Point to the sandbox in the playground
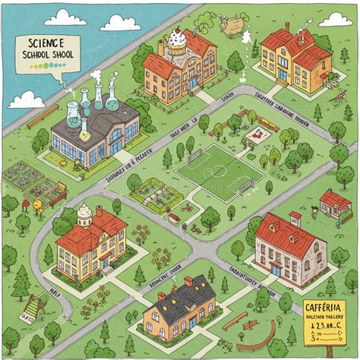[257, 136]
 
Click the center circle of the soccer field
[221, 171]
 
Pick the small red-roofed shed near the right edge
[334, 204]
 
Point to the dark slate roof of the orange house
[182, 292]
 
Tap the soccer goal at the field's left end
[194, 156]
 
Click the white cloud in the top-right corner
[334, 19]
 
